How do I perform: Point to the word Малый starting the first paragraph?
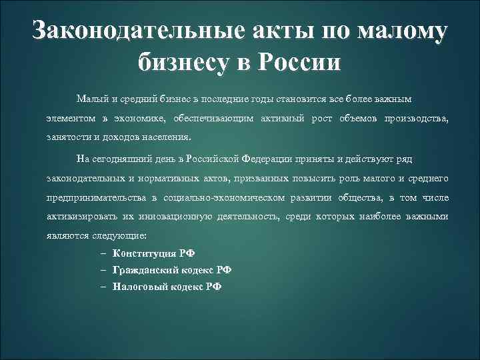89,100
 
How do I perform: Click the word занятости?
67,137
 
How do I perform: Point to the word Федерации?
264,160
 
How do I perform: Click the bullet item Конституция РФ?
154,253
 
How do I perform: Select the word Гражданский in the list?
144,270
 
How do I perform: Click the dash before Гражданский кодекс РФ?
105,270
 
